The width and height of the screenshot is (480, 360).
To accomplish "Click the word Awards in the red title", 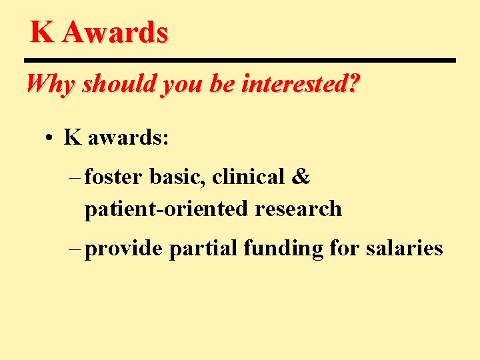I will [x=115, y=32].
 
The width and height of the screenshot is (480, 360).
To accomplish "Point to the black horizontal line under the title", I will [x=243, y=61].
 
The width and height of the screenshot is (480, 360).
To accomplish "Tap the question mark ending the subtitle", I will [x=353, y=85].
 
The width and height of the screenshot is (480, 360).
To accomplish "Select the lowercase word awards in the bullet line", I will [x=129, y=138].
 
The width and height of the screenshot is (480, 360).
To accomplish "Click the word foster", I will [x=113, y=177].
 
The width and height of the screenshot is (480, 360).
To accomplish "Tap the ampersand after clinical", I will [x=301, y=177].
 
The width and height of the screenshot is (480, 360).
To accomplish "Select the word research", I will [x=298, y=209].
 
